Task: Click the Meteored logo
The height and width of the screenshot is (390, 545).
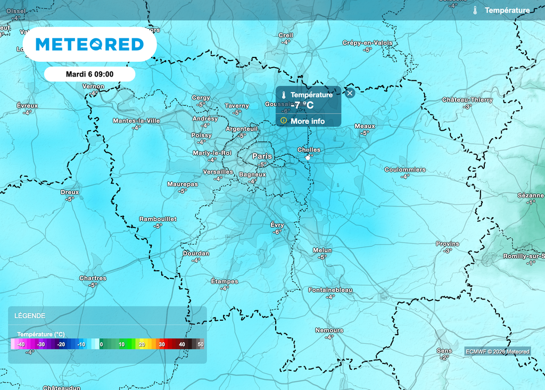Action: [x=89, y=44]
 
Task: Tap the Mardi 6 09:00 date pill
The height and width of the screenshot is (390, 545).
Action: [x=89, y=74]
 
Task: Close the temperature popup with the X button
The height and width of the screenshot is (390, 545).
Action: [x=350, y=93]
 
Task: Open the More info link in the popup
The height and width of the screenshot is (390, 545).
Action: [x=307, y=121]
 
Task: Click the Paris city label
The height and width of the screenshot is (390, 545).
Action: [x=262, y=156]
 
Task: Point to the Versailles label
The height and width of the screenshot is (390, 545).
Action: [x=218, y=172]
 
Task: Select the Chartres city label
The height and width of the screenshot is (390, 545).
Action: [x=93, y=278]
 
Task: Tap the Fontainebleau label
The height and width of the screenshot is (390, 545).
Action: [x=330, y=290]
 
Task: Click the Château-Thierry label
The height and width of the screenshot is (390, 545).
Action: [x=467, y=100]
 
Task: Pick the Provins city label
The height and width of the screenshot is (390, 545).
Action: [x=447, y=244]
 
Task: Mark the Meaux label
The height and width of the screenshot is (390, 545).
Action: [x=365, y=126]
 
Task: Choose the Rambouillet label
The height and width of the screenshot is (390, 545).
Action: [x=158, y=219]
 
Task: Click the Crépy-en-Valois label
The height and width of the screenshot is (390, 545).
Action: [x=367, y=43]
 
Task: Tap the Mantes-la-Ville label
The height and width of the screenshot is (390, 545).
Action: [x=136, y=121]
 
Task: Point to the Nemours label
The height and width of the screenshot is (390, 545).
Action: [x=329, y=330]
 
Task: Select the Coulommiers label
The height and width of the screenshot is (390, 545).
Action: [x=405, y=170]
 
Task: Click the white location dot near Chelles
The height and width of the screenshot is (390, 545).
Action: [x=308, y=158]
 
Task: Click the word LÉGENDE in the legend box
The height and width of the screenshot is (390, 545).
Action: [x=31, y=316]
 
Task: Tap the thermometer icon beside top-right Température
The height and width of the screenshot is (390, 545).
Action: [x=475, y=10]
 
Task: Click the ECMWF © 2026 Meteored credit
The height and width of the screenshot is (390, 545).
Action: [x=498, y=352]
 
